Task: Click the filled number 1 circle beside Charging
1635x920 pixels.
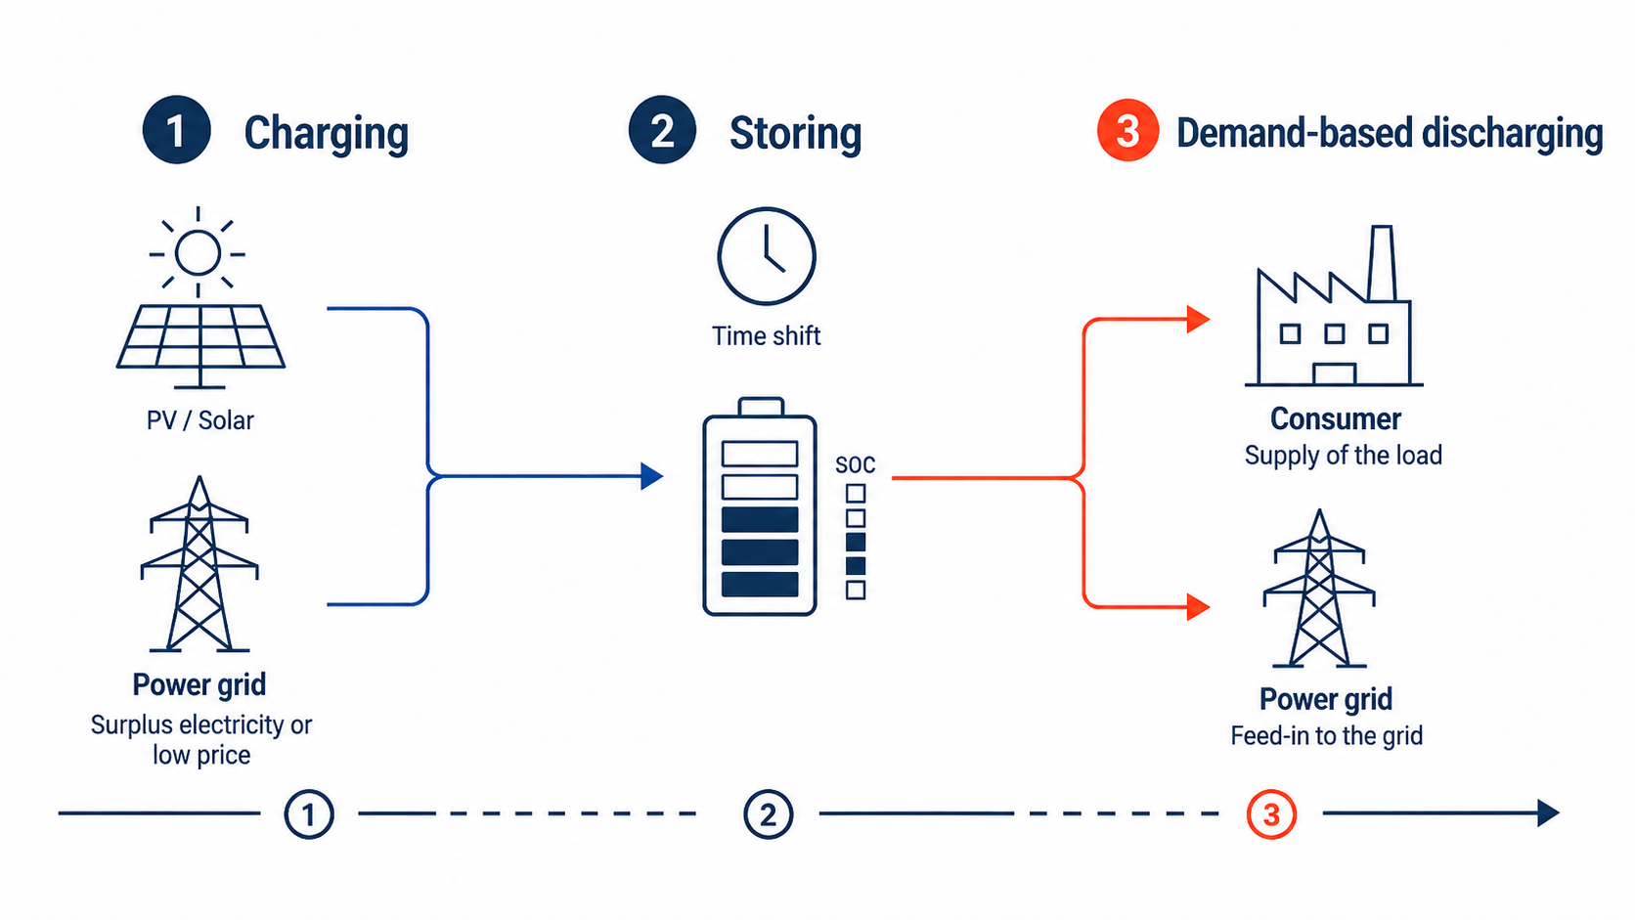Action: pyautogui.click(x=177, y=130)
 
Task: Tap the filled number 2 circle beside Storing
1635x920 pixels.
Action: pyautogui.click(x=662, y=130)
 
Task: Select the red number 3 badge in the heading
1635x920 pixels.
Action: pyautogui.click(x=1127, y=130)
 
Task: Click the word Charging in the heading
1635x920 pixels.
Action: pyautogui.click(x=327, y=134)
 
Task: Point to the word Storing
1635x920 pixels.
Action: pyautogui.click(x=796, y=134)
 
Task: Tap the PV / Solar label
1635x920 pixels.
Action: pyautogui.click(x=200, y=421)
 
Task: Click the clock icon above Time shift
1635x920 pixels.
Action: pyautogui.click(x=767, y=255)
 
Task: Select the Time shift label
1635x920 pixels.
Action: pyautogui.click(x=767, y=336)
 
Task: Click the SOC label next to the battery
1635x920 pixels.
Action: pyautogui.click(x=856, y=464)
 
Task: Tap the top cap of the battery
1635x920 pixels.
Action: pyautogui.click(x=761, y=407)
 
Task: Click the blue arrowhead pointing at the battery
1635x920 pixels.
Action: pyautogui.click(x=652, y=476)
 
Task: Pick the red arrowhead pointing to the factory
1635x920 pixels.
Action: pyautogui.click(x=1199, y=319)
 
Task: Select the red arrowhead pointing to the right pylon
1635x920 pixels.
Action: pyautogui.click(x=1199, y=606)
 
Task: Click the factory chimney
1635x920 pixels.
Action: pyautogui.click(x=1382, y=263)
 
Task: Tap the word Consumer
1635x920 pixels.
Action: pyautogui.click(x=1336, y=419)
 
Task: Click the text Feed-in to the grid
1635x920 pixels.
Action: pyautogui.click(x=1327, y=735)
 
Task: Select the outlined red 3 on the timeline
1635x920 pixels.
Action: pyautogui.click(x=1271, y=814)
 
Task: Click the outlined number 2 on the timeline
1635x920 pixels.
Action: pyautogui.click(x=768, y=814)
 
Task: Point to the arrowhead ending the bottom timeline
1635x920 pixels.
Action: pyautogui.click(x=1548, y=812)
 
